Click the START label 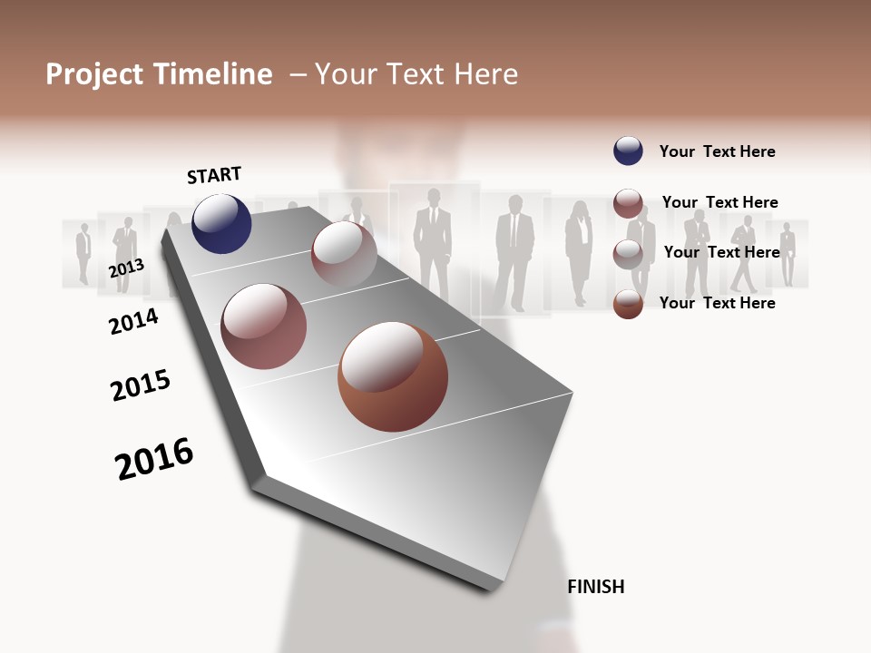pyautogui.click(x=214, y=175)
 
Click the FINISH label pyautogui.click(x=595, y=587)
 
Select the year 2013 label pyautogui.click(x=126, y=268)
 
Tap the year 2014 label pyautogui.click(x=133, y=321)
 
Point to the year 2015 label pyautogui.click(x=141, y=385)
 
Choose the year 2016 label pyautogui.click(x=154, y=459)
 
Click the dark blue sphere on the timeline pyautogui.click(x=221, y=224)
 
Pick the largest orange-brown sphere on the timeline pyautogui.click(x=393, y=376)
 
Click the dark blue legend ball pyautogui.click(x=628, y=151)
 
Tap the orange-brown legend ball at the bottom pyautogui.click(x=628, y=304)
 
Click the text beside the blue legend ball pyautogui.click(x=717, y=151)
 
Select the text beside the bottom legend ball pyautogui.click(x=717, y=303)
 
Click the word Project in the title pyautogui.click(x=94, y=74)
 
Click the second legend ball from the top pyautogui.click(x=628, y=203)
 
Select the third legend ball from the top pyautogui.click(x=628, y=254)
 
